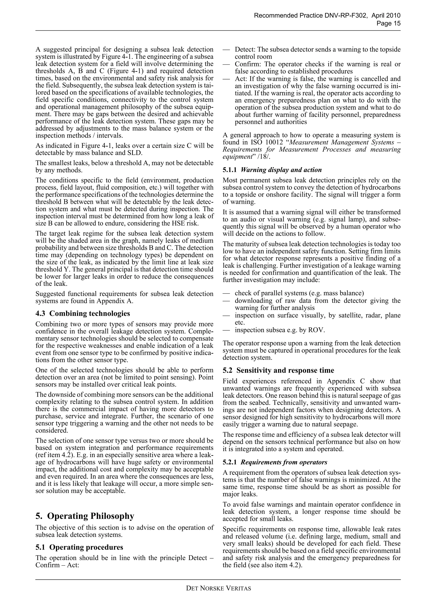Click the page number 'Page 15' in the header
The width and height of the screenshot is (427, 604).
pyautogui.click(x=388, y=23)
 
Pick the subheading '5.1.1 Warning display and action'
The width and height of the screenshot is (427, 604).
pyautogui.click(x=272, y=170)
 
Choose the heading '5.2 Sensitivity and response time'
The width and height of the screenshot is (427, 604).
pyautogui.click(x=278, y=370)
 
